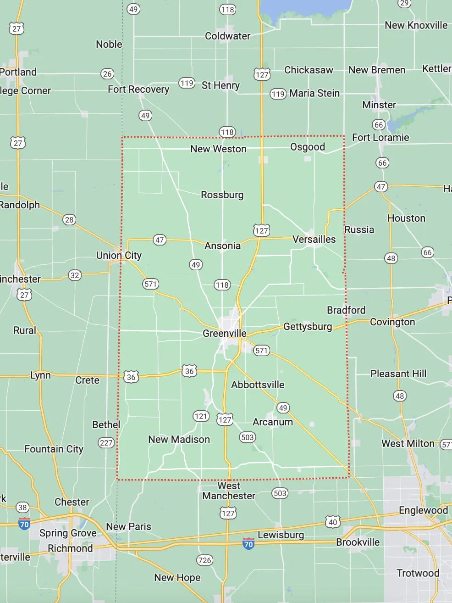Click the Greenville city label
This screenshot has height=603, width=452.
225,334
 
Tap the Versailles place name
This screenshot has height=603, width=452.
314,240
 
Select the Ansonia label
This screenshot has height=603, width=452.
222,246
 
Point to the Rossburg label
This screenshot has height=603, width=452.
222,195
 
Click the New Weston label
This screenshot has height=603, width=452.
218,149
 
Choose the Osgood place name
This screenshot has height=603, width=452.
308,147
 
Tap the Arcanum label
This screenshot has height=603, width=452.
273,422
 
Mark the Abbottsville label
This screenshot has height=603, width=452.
258,385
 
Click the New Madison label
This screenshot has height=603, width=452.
179,440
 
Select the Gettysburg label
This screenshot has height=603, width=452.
308,327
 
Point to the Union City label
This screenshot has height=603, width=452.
119,256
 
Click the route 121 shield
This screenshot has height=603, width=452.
201,416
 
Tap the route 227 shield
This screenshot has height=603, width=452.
106,443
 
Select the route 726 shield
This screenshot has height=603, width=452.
204,560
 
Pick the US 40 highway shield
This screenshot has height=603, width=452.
333,522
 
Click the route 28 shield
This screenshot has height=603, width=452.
69,220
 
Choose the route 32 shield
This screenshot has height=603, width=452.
75,275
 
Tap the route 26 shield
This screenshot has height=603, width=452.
107,74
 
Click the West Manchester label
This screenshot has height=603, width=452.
229,491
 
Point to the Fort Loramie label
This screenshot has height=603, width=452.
380,138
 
